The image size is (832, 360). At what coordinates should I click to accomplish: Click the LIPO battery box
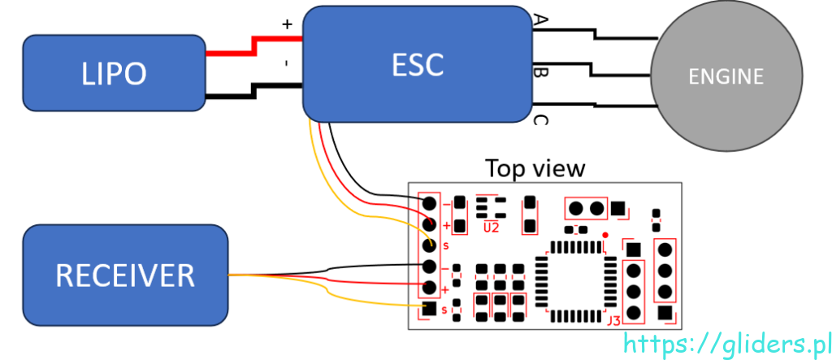[114, 73]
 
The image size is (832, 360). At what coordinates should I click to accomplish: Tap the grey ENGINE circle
[726, 76]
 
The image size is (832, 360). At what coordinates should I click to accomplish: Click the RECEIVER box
[125, 274]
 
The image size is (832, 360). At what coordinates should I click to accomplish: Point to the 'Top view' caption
[535, 168]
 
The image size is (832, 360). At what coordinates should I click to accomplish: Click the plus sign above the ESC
[287, 24]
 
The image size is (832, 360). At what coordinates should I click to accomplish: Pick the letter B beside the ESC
[539, 74]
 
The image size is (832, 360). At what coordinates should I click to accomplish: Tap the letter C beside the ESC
[539, 121]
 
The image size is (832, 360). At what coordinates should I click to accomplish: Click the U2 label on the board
[491, 228]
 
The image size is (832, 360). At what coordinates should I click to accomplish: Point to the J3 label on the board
[613, 319]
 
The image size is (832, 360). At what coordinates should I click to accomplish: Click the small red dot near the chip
[605, 235]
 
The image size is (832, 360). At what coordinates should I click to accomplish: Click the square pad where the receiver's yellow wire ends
[429, 309]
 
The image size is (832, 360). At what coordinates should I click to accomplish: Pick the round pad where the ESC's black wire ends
[429, 202]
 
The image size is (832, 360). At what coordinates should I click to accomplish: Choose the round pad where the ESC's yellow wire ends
[429, 245]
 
